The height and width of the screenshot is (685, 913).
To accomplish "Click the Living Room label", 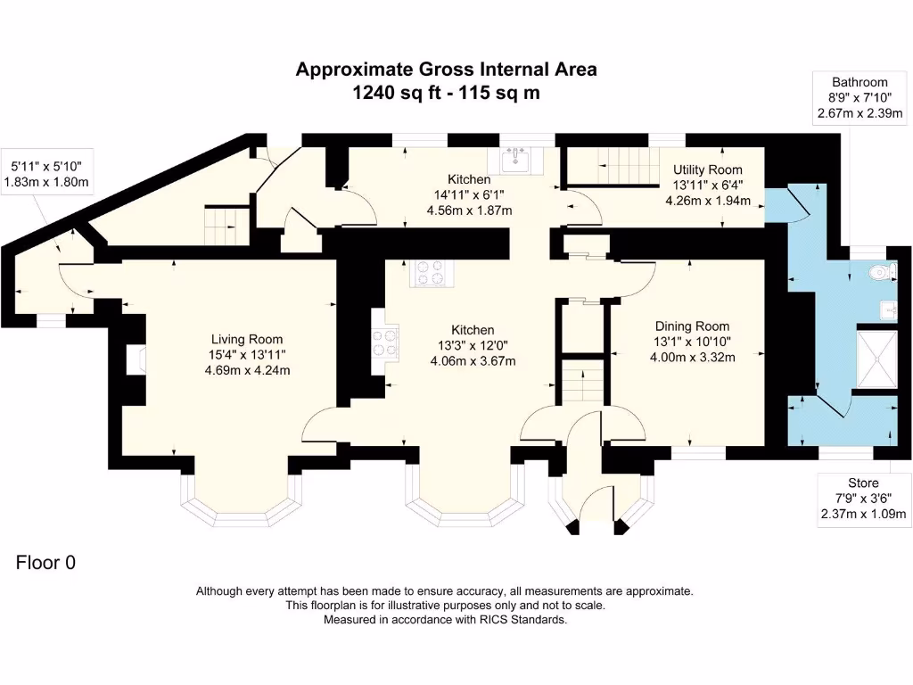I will point(247,339).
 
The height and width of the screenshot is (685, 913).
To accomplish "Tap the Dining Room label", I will point(692,326).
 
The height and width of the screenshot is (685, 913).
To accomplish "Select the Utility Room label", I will point(707,169).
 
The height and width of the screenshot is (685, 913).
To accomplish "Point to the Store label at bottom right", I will point(861,483).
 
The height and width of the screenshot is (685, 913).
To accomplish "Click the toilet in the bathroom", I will point(884,273).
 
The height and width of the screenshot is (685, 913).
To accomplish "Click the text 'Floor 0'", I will point(46,563).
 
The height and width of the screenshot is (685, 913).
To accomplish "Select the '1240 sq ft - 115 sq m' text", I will point(446,93).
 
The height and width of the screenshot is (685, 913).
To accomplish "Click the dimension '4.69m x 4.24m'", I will point(247,370).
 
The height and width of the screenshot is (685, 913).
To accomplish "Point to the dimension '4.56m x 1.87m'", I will point(472,212).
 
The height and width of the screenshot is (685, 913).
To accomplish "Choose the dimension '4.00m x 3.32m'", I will point(692,358).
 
